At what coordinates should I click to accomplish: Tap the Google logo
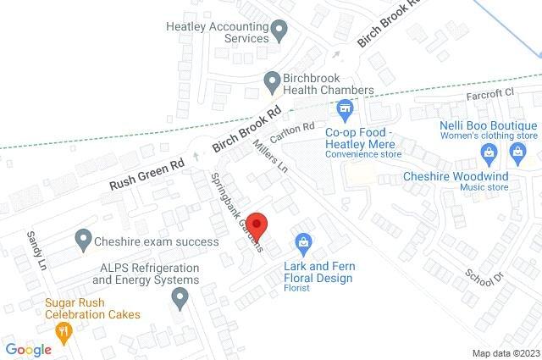[28, 349]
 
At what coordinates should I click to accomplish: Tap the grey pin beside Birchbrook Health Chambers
[271, 82]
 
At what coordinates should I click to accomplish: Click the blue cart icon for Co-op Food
[345, 108]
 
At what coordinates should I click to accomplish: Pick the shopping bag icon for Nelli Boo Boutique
[488, 152]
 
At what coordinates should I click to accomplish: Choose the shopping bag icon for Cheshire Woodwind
[518, 152]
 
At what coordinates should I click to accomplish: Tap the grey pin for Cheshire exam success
[82, 241]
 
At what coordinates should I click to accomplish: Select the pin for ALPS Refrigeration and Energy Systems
[180, 297]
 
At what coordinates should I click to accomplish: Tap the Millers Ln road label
[272, 157]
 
